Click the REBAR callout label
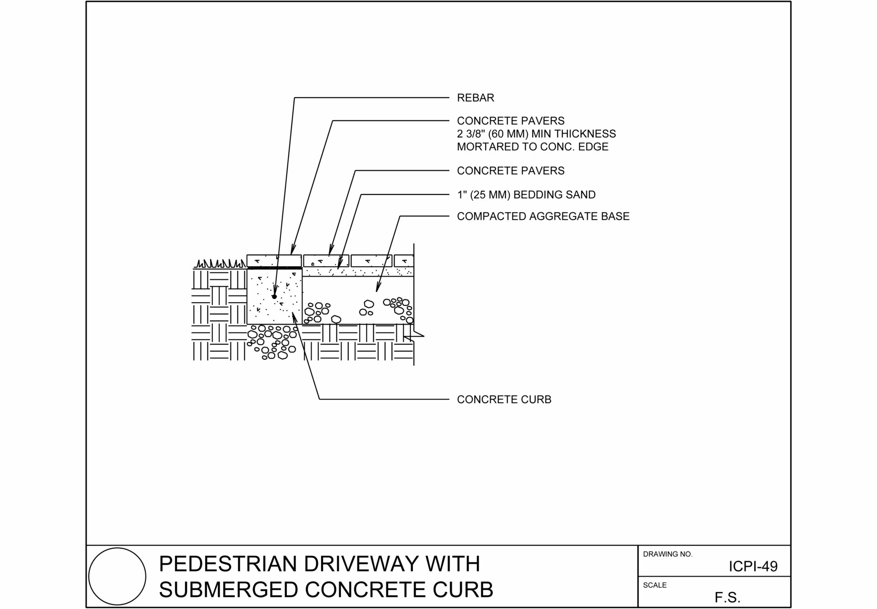click(475, 98)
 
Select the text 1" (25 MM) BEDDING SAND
click(526, 195)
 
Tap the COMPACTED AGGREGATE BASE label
click(543, 216)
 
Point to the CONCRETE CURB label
click(504, 399)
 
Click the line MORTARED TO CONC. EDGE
click(533, 147)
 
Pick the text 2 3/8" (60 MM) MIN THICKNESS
click(536, 134)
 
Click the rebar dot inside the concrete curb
click(275, 297)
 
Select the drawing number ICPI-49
click(753, 567)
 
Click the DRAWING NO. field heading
click(667, 554)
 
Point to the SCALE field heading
click(655, 585)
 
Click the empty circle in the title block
click(117, 576)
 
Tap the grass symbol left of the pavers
click(219, 264)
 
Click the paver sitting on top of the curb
click(274, 261)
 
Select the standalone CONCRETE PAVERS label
click(511, 171)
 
